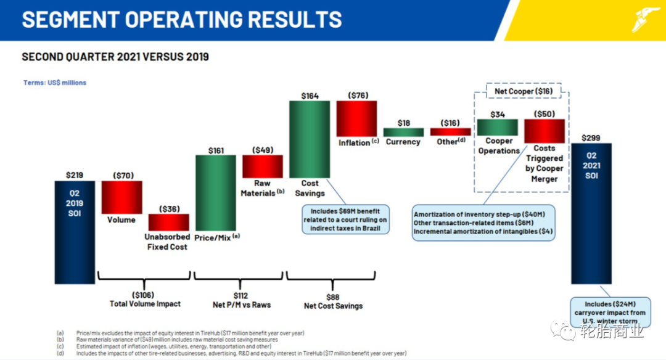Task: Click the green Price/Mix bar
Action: tap(215, 192)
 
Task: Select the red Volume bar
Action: tap(122, 197)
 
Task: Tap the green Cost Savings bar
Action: tap(310, 139)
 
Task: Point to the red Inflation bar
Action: tap(356, 118)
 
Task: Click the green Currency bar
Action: tap(403, 132)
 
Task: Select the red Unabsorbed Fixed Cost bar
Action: tap(168, 222)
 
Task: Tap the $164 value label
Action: tap(310, 96)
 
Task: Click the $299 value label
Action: tap(590, 138)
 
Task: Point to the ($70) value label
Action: tap(122, 175)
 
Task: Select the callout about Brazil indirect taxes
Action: tap(346, 219)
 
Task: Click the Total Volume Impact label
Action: tap(146, 304)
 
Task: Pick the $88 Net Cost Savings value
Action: tap(333, 296)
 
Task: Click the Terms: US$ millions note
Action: tap(55, 83)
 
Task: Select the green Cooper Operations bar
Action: tap(497, 127)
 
